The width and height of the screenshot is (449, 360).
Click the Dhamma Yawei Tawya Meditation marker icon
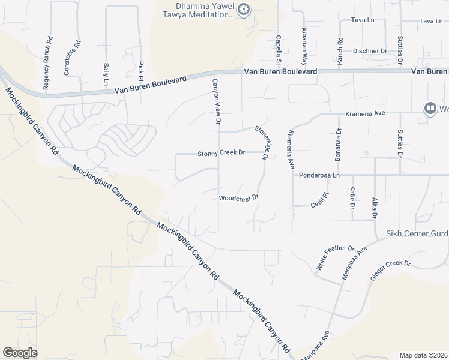[x=243, y=9]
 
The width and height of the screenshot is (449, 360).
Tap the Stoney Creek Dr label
[x=221, y=154]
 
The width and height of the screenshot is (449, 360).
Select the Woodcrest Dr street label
[x=238, y=197]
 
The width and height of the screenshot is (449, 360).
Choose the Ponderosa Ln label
[x=319, y=175]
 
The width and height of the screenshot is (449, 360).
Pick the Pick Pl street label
[x=141, y=71]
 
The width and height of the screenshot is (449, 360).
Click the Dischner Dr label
[x=370, y=51]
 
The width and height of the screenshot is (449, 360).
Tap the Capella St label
[x=279, y=50]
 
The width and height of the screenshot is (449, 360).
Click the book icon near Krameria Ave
[x=430, y=108]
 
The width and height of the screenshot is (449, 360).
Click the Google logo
[x=20, y=353]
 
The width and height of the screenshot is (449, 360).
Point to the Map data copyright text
[x=423, y=355]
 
